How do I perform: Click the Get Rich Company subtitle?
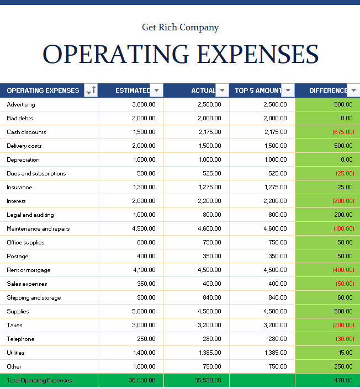point(180,27)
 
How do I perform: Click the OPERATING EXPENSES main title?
point(180,54)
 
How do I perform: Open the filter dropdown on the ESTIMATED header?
point(157,90)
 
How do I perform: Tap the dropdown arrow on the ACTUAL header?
point(222,90)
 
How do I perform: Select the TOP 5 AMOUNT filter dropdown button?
point(288,90)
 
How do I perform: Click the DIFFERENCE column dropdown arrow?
point(353,90)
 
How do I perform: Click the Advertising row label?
point(21,104)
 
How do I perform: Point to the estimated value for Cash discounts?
point(144,132)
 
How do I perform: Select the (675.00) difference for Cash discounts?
point(343,132)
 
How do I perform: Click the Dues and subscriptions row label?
point(36,173)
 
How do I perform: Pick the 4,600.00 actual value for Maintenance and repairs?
point(210,228)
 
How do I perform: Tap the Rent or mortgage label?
point(29,270)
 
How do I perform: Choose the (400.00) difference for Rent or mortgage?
point(343,270)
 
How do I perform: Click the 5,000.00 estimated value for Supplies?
point(144,311)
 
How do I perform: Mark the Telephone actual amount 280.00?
point(212,339)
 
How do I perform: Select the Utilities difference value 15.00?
point(346,353)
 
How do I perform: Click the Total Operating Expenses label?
point(39,380)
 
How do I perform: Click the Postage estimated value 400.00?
point(146,256)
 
